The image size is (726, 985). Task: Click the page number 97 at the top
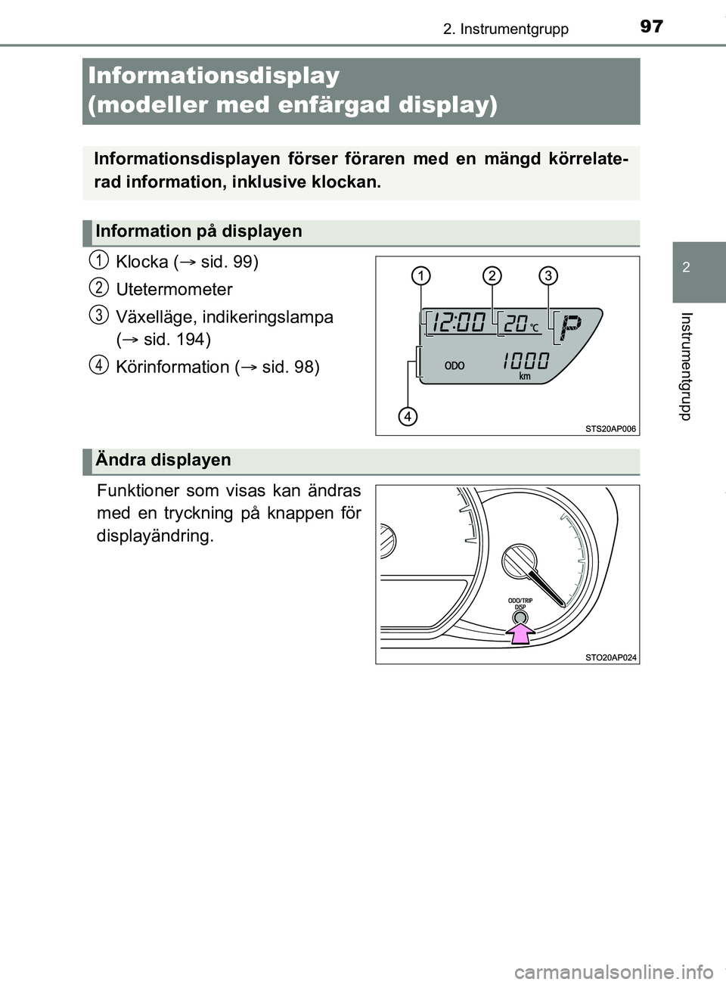[651, 26]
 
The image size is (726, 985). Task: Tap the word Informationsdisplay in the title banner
[214, 76]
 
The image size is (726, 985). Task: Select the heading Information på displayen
[199, 231]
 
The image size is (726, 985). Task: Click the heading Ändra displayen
[163, 460]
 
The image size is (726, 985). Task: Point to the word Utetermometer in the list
[174, 289]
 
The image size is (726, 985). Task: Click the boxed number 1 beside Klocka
[98, 260]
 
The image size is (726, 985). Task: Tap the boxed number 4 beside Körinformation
[98, 365]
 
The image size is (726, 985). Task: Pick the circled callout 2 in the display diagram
[492, 275]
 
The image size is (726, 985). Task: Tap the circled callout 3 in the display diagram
[548, 275]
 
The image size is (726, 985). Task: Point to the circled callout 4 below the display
[408, 416]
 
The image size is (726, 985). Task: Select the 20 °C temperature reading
[521, 324]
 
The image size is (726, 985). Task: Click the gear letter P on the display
[570, 327]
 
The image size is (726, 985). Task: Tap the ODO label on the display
[455, 365]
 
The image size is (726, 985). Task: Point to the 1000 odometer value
[526, 361]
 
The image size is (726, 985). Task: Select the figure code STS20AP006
[610, 429]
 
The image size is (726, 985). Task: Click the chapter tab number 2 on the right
[685, 267]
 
